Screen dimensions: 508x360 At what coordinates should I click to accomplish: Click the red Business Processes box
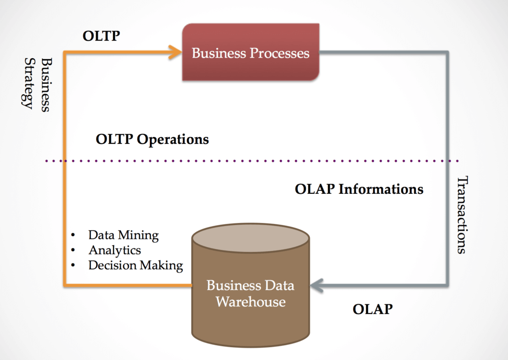(x=251, y=52)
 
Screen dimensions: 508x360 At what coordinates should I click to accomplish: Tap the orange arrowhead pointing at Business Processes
(x=175, y=52)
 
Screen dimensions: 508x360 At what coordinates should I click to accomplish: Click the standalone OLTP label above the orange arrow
(x=101, y=36)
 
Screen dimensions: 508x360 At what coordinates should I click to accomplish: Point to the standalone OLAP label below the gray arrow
(x=373, y=309)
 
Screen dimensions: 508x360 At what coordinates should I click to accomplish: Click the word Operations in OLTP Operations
(x=173, y=139)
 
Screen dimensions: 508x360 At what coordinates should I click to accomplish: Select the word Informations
(x=381, y=189)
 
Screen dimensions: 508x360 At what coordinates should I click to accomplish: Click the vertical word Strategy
(x=29, y=83)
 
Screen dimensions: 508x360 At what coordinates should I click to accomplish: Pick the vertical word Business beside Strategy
(x=47, y=85)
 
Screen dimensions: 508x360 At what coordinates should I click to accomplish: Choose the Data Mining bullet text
(x=124, y=236)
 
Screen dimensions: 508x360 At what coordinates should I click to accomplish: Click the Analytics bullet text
(x=115, y=250)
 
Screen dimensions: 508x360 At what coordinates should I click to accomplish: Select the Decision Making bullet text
(x=136, y=265)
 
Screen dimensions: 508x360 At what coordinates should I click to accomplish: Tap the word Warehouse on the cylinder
(x=251, y=301)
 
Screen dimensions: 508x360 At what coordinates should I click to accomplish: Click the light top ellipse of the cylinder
(x=251, y=239)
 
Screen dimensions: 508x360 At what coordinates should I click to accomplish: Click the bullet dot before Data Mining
(x=73, y=235)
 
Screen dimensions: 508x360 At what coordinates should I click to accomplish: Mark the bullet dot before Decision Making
(x=73, y=265)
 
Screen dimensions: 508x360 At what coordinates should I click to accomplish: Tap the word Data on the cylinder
(x=279, y=286)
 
